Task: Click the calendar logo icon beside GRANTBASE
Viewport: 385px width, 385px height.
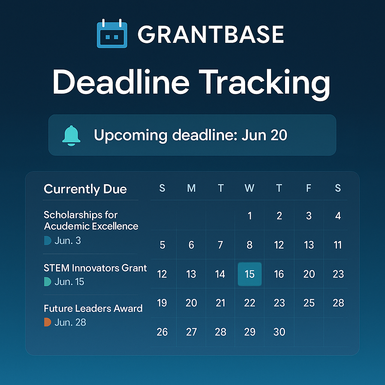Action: (x=112, y=33)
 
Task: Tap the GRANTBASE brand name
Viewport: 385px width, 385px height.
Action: (x=211, y=34)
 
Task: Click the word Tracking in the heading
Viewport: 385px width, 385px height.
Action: (x=264, y=83)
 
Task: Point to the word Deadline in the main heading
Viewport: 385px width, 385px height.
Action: (x=121, y=82)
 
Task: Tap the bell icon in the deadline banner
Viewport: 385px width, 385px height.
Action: (x=71, y=135)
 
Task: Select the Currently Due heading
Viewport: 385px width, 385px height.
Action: (x=85, y=189)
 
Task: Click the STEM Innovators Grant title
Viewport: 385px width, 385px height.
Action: (x=95, y=268)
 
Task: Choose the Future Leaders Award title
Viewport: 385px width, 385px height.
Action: (x=93, y=308)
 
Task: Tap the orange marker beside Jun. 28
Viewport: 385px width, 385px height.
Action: (x=47, y=322)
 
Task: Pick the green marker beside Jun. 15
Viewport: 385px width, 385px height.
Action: (x=47, y=282)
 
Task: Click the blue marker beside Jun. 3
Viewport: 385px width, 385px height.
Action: (x=47, y=241)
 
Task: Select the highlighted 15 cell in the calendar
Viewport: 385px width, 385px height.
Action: (x=250, y=274)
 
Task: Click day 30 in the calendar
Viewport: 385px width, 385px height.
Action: (x=279, y=332)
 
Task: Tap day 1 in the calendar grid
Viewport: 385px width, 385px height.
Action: (x=250, y=216)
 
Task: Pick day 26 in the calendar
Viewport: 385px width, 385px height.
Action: (x=162, y=332)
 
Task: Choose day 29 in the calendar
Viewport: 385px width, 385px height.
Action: (x=250, y=332)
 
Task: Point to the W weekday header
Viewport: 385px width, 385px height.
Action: (x=250, y=188)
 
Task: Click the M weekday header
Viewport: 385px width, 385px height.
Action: (x=191, y=188)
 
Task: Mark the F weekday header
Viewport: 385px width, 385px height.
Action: (x=309, y=188)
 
